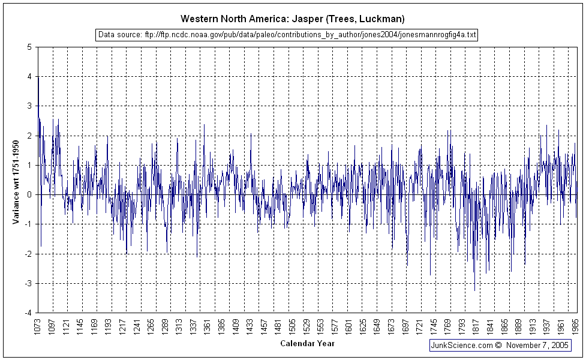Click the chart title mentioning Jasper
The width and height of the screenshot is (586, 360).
[x=293, y=19]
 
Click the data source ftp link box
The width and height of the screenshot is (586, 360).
[x=287, y=35]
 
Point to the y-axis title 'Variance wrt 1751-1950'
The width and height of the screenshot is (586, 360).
[x=16, y=179]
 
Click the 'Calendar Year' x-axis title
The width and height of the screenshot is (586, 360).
[x=307, y=344]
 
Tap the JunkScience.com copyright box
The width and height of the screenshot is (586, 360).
[x=499, y=346]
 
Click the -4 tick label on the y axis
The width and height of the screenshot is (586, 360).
[x=29, y=313]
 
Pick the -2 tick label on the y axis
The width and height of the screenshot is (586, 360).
[x=29, y=254]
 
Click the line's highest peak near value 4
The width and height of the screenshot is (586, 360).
[x=38, y=77]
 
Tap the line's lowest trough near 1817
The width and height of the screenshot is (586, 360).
[x=474, y=290]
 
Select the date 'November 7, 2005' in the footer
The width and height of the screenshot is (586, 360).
[x=537, y=346]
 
